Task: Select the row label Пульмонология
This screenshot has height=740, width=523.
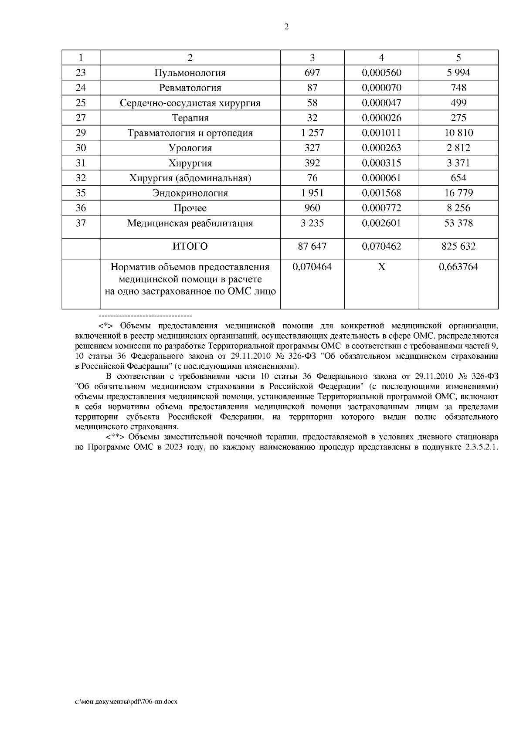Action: pos(190,73)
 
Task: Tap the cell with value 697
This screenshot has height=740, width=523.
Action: pos(312,73)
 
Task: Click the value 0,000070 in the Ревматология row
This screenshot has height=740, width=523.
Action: pos(381,88)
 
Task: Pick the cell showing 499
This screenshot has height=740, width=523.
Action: pos(458,103)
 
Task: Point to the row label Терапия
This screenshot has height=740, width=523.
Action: pos(190,118)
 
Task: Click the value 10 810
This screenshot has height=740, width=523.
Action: pos(458,133)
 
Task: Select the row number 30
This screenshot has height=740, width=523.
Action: pos(81,148)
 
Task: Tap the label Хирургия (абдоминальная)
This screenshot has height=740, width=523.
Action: pos(190,178)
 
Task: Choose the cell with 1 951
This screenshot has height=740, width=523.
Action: pos(312,193)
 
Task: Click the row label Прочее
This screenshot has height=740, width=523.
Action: pos(190,208)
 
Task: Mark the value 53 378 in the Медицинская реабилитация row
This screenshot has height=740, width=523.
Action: pos(458,223)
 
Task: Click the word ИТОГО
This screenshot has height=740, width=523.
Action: pos(190,246)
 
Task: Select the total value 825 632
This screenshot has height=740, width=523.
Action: pos(458,246)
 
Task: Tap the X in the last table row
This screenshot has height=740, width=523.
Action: pos(381,267)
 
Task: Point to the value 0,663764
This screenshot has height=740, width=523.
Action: pos(458,267)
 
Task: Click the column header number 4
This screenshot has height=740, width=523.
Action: pos(381,58)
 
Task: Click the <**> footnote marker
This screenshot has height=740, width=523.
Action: pos(114,436)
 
